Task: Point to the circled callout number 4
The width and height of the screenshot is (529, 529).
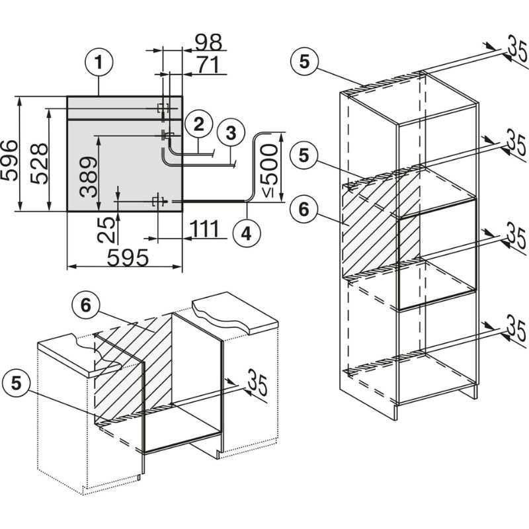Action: click(x=246, y=233)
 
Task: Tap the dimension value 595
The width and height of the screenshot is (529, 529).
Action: click(x=128, y=259)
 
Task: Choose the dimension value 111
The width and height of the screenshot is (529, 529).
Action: click(x=205, y=229)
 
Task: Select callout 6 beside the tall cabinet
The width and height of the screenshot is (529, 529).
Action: click(x=304, y=209)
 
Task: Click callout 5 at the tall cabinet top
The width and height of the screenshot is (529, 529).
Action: click(x=304, y=61)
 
